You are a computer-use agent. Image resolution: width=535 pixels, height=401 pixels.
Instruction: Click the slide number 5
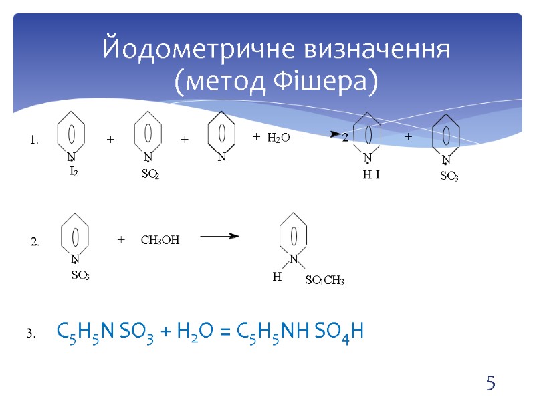point(491,384)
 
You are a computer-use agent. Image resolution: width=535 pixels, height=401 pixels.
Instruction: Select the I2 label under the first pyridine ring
point(74,172)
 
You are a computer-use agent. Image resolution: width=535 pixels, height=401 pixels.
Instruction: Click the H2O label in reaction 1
point(278,138)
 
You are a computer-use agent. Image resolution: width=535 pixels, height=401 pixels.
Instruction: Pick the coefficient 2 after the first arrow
point(345,138)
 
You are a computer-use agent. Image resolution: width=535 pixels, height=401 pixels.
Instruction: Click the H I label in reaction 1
point(371,174)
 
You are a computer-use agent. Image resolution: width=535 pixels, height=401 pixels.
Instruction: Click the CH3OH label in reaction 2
point(160,239)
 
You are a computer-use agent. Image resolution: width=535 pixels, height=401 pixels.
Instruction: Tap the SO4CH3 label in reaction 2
point(324,281)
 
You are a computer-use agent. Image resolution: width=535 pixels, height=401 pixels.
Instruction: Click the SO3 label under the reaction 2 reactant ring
point(80,275)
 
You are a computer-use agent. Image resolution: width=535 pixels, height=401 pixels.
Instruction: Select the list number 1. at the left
point(34,140)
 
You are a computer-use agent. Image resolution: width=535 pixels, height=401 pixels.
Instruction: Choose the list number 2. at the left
point(35,242)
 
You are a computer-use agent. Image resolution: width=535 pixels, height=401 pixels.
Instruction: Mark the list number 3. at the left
point(31,333)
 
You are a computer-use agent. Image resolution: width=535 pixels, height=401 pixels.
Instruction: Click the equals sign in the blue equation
point(225,331)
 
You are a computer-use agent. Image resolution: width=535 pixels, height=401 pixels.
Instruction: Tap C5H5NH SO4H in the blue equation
point(300,331)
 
